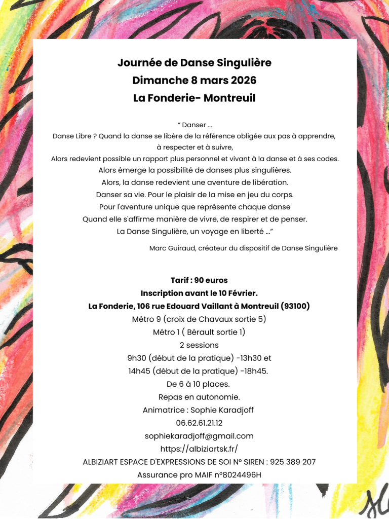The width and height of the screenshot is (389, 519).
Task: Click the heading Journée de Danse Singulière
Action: click(194, 63)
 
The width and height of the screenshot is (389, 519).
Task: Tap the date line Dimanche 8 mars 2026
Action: click(194, 81)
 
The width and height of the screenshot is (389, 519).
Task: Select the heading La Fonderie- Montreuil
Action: click(194, 98)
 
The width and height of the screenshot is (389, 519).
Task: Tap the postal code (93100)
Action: click(295, 307)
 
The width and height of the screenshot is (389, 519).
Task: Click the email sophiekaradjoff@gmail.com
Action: click(199, 436)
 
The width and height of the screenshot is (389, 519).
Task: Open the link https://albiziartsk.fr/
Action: click(199, 449)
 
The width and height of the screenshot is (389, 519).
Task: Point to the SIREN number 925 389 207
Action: click(293, 462)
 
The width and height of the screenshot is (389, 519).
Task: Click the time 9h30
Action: click(137, 358)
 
